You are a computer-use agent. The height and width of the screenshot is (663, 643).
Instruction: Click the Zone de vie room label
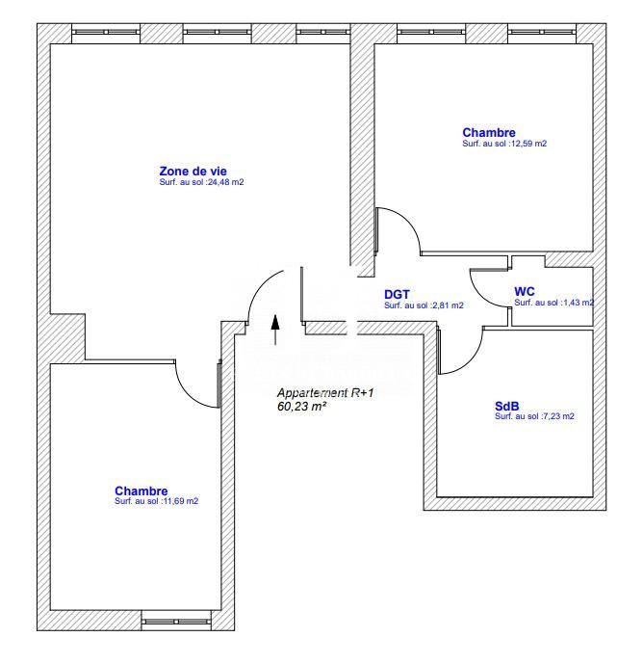tap(193, 171)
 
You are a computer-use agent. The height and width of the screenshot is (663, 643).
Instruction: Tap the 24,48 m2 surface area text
tap(201, 182)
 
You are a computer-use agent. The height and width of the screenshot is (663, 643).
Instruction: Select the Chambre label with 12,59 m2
tap(489, 133)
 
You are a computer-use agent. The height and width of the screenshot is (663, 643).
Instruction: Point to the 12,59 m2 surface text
tap(504, 144)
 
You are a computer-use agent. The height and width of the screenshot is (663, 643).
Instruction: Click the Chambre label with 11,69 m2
tap(141, 491)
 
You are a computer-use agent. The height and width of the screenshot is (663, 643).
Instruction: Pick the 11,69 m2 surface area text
tap(157, 501)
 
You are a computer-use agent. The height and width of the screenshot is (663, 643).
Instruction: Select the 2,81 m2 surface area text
tap(424, 305)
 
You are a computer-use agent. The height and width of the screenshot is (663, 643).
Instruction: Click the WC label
tap(525, 290)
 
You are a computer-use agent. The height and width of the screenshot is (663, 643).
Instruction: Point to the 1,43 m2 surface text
tap(553, 303)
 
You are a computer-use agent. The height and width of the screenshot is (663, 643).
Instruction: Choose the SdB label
tap(506, 406)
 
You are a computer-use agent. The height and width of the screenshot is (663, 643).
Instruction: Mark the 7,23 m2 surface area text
tap(534, 416)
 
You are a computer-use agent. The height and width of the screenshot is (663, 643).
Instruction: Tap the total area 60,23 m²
tap(302, 407)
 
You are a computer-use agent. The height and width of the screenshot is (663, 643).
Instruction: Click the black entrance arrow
tap(276, 328)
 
